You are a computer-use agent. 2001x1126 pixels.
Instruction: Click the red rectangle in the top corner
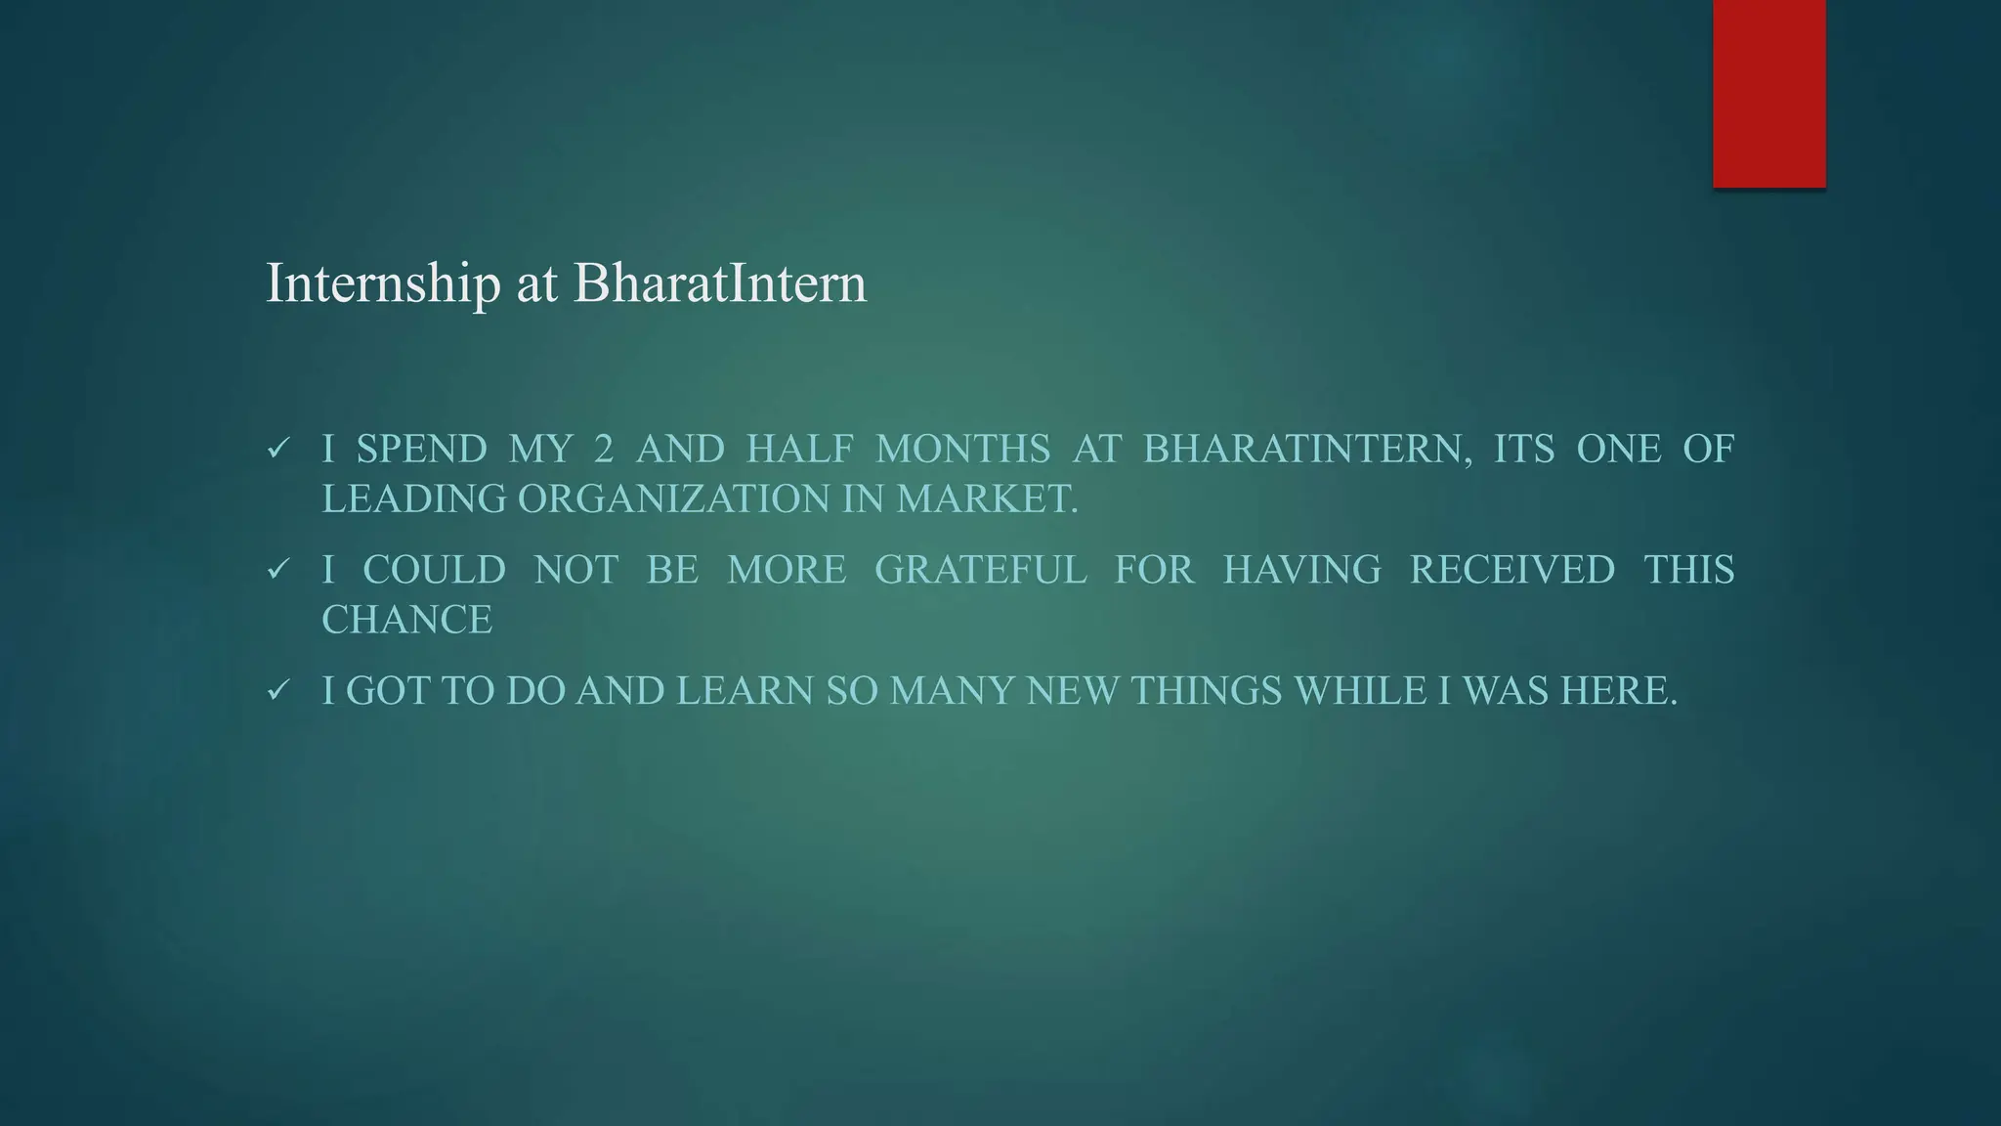coord(1768,94)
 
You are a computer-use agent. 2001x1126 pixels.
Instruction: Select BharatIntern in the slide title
coord(720,283)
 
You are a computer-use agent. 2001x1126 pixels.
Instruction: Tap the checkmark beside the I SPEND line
coord(277,450)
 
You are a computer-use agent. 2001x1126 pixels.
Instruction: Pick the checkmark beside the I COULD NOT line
coord(277,570)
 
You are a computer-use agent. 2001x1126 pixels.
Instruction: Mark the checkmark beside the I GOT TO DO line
coord(277,691)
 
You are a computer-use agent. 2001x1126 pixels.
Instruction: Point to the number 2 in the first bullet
coord(604,450)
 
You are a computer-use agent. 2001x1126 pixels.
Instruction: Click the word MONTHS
coord(962,450)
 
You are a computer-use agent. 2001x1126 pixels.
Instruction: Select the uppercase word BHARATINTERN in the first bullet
coord(1307,450)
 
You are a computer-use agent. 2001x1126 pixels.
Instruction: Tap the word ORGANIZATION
coord(673,499)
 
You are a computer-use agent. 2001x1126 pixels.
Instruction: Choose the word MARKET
coord(987,499)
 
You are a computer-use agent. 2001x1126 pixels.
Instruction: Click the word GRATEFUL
coord(980,570)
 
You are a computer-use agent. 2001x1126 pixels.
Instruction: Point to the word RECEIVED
coord(1511,570)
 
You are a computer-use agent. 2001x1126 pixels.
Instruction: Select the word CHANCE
coord(407,620)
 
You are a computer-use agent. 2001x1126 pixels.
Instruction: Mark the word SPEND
coord(421,450)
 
